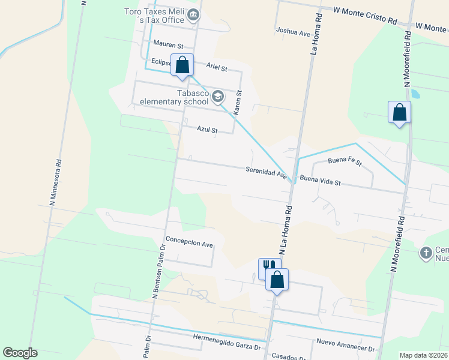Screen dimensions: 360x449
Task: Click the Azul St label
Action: tap(207, 130)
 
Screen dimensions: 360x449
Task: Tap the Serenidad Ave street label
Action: tap(266, 172)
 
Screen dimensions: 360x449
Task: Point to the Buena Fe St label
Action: tap(345, 161)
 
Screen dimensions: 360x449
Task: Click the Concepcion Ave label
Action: tap(190, 245)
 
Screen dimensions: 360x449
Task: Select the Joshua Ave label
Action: tap(292, 31)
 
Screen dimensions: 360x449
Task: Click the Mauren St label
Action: tap(167, 44)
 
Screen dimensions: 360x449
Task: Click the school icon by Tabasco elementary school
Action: tap(217, 96)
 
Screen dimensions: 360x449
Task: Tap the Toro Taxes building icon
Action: tap(193, 15)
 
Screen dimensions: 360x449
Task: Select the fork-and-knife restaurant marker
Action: tap(268, 266)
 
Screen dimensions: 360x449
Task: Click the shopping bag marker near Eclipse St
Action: tap(182, 64)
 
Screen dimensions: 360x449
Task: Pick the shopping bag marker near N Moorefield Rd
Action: tap(400, 112)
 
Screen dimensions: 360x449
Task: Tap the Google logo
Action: tap(20, 353)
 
